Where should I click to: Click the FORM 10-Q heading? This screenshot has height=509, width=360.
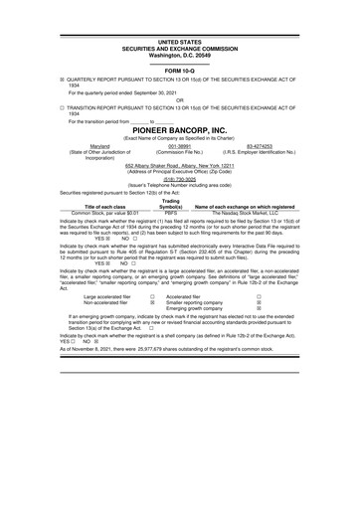click(x=180, y=71)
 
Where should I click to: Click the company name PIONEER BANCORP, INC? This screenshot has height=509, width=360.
click(x=180, y=130)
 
